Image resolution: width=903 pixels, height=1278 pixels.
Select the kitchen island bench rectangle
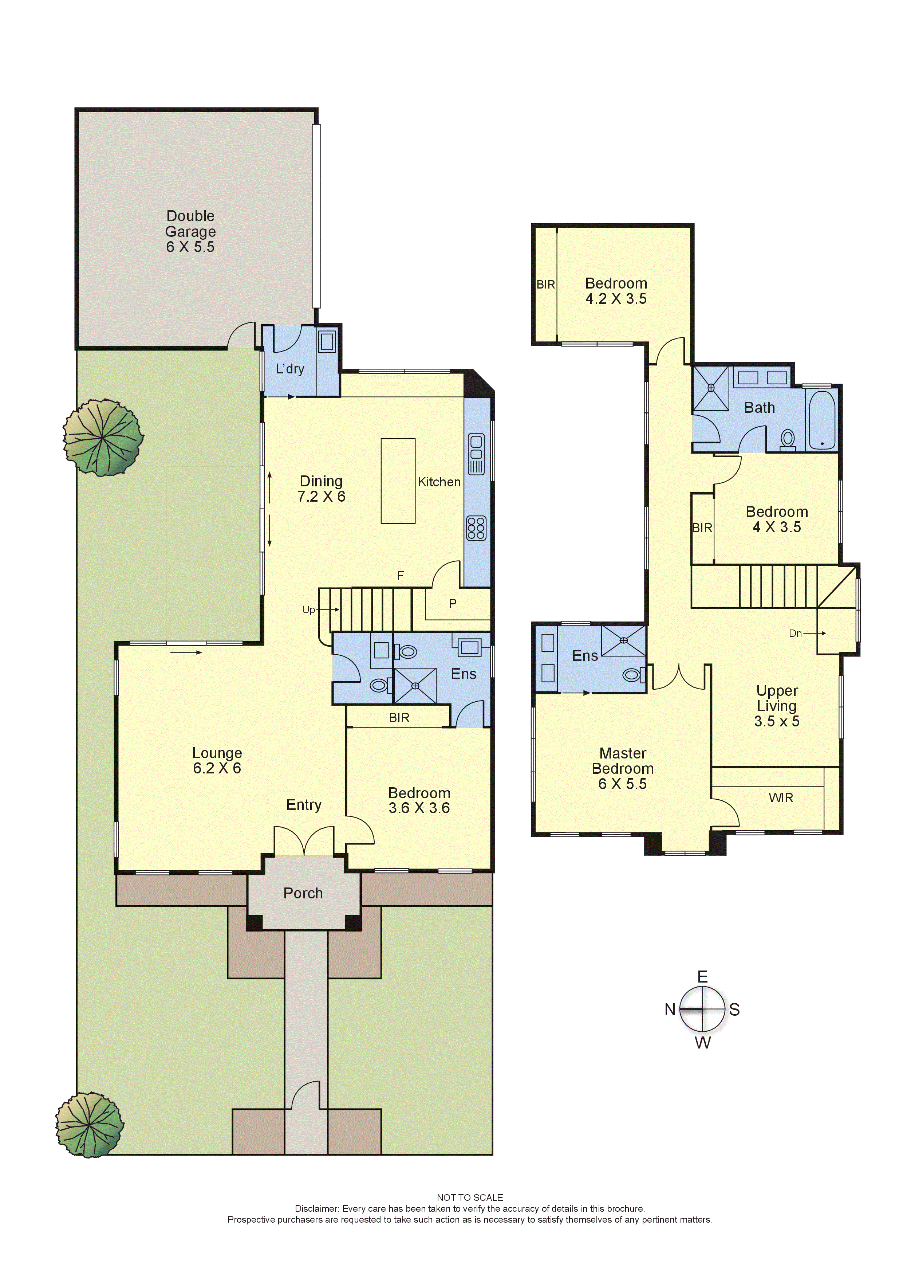(398, 481)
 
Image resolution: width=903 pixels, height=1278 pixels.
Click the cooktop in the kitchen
(476, 528)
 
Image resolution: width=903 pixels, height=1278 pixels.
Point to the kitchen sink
(476, 454)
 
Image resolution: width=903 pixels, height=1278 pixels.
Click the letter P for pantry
(452, 603)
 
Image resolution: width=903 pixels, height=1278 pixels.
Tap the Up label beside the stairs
(308, 609)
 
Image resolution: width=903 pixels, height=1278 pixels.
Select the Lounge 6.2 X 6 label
(217, 760)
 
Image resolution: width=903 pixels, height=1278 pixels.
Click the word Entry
(304, 805)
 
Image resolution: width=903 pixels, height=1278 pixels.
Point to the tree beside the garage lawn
(103, 438)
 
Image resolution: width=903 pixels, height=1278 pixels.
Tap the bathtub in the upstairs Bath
(822, 420)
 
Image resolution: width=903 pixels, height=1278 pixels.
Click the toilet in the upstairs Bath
(787, 439)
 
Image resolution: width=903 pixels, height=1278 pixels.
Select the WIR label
(781, 797)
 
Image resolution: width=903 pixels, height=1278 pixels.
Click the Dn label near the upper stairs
(795, 633)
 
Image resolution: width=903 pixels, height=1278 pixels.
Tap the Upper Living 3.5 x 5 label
(777, 706)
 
